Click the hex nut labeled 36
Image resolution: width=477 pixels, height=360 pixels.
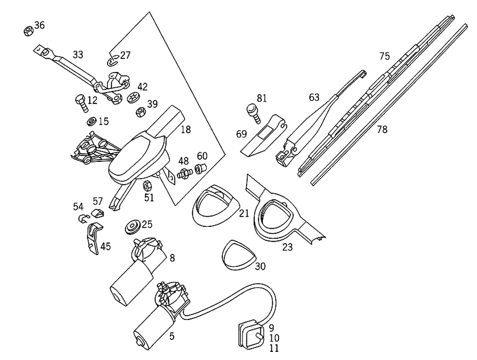pyautogui.click(x=28, y=31)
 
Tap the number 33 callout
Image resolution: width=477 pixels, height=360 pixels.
pyautogui.click(x=78, y=55)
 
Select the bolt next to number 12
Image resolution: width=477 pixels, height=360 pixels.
pyautogui.click(x=80, y=101)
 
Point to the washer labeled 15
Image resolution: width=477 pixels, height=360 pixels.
pyautogui.click(x=91, y=121)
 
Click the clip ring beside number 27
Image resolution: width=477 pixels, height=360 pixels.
pyautogui.click(x=111, y=61)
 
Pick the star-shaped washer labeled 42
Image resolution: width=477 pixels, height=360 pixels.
pyautogui.click(x=133, y=97)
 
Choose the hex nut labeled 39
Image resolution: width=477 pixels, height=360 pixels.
pyautogui.click(x=141, y=112)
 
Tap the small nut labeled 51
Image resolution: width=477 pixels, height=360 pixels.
pyautogui.click(x=148, y=185)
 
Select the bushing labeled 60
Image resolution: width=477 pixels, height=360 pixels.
pyautogui.click(x=201, y=168)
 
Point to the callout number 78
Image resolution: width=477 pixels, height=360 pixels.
pyautogui.click(x=382, y=129)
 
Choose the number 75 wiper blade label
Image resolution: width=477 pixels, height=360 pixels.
pyautogui.click(x=384, y=56)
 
